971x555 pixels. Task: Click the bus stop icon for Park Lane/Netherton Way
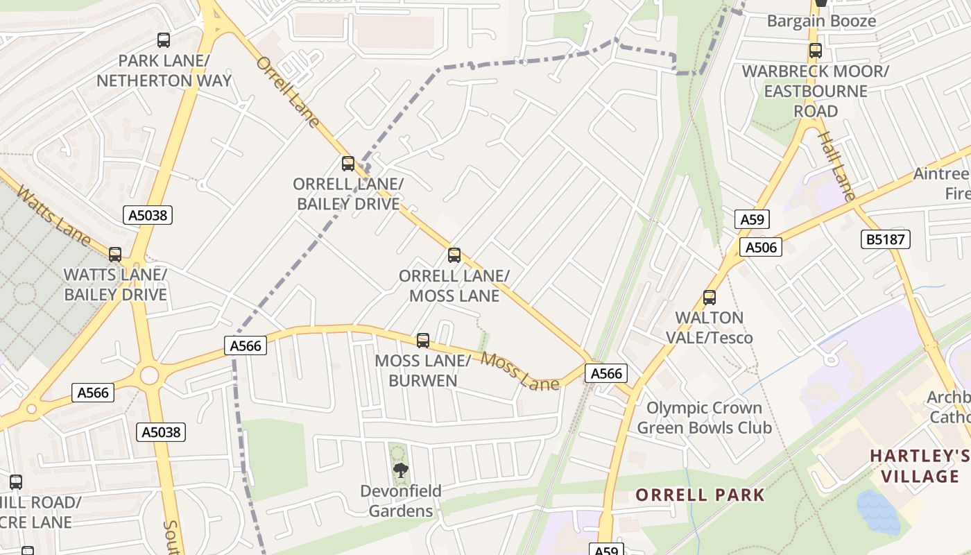[164, 40]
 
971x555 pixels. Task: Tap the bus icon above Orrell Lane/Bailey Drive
[348, 164]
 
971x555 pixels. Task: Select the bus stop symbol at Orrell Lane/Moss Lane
[454, 255]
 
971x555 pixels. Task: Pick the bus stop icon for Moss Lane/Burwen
[423, 341]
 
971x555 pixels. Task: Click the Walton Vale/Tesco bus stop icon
[710, 298]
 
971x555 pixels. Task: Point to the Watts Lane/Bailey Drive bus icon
[115, 255]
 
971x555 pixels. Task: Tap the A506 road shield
[760, 247]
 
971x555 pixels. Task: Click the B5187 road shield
[885, 240]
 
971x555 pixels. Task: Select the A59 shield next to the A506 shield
[752, 220]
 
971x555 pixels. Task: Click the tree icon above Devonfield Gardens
[400, 470]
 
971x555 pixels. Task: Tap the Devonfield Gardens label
[400, 501]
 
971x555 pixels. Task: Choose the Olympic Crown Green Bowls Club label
[704, 418]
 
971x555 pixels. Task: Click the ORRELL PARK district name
[700, 495]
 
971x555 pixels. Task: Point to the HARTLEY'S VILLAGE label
[920, 466]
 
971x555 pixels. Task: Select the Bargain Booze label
[821, 21]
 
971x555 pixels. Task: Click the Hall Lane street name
[835, 166]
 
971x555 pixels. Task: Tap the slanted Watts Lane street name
[53, 216]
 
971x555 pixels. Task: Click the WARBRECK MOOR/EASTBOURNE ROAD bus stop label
[815, 91]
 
